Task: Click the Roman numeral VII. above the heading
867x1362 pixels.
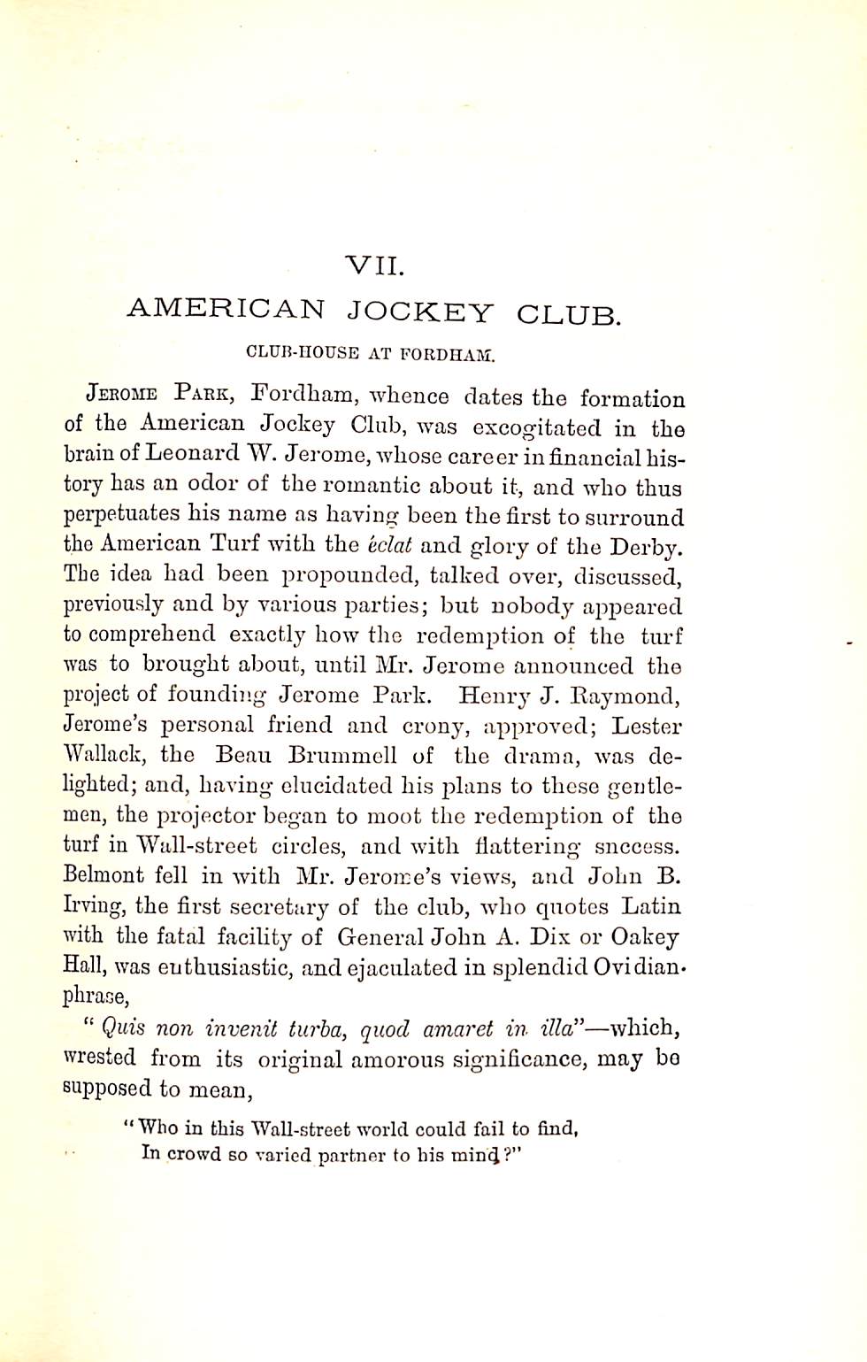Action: pos(375,264)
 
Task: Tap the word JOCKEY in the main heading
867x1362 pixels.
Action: pos(419,311)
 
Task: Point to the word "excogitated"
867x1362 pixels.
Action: pos(537,428)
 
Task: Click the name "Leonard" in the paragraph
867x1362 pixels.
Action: pos(192,456)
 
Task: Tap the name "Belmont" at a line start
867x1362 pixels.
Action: pos(104,875)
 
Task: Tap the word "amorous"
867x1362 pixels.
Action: pos(404,1059)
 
